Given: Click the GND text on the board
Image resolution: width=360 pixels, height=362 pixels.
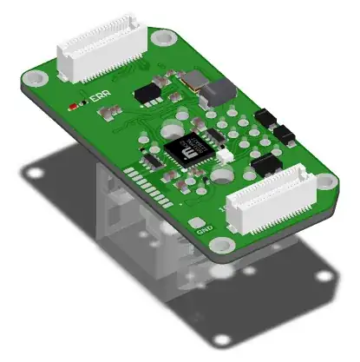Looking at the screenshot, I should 205,230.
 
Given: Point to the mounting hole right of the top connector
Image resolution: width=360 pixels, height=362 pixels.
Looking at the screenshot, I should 160,37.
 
